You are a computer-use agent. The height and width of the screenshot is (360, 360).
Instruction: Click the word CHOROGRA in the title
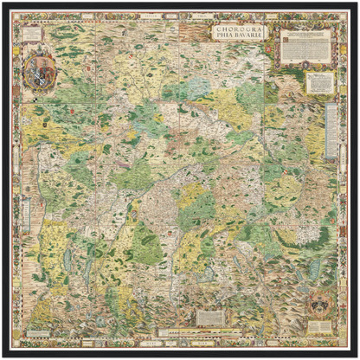[239, 29]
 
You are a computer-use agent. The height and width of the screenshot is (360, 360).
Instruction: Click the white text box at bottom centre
[209, 318]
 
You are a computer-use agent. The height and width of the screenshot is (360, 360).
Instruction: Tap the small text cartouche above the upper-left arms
[33, 34]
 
